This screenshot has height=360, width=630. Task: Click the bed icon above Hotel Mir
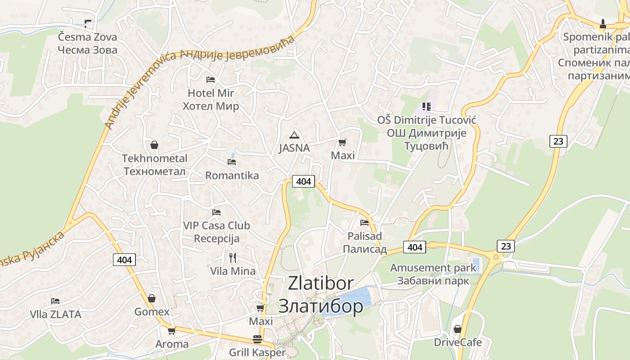pos(210,80)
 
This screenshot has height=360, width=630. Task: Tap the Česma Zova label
pos(87,37)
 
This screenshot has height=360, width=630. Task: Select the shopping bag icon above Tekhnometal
pos(154,145)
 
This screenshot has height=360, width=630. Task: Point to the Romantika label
pos(232,175)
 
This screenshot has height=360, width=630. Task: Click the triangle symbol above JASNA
pos(294,135)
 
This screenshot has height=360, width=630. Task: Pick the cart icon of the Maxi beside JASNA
pos(342,143)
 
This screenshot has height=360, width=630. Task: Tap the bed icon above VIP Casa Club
pos(216,212)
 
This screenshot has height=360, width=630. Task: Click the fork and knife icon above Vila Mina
pos(233,258)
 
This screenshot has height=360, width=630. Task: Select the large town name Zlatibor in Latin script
pos(320,283)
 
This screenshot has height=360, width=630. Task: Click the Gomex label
pos(152,312)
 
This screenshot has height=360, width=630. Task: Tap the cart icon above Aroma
pos(171,331)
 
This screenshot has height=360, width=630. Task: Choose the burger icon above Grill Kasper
pos(257,339)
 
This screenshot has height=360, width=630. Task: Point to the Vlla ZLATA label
pos(55,314)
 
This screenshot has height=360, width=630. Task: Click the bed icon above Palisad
pos(364,222)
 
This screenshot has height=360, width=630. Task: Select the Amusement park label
pos(433,268)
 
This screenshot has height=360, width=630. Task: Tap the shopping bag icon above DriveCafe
pos(458,329)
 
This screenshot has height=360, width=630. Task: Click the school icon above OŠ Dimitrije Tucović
pos(427,107)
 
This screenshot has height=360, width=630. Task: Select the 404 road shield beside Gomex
pos(124,260)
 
